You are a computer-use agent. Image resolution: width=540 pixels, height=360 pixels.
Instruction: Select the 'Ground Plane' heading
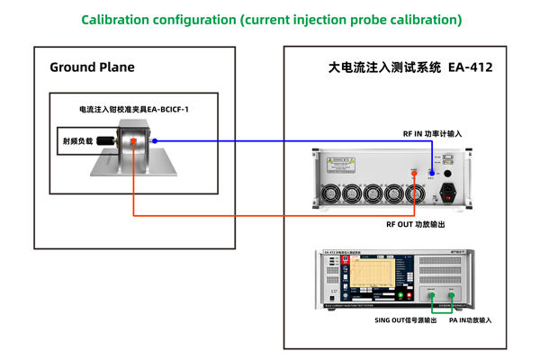click(92, 67)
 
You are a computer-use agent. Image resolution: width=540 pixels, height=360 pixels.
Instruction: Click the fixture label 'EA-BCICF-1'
click(175, 109)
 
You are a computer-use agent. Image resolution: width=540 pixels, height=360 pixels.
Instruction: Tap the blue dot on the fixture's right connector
click(167, 140)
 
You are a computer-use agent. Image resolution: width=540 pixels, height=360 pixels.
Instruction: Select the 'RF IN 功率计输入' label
click(432, 133)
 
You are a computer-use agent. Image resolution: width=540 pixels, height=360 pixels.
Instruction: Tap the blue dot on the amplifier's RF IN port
click(433, 172)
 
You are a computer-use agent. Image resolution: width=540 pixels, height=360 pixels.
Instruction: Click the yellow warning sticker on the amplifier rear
click(343, 163)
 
